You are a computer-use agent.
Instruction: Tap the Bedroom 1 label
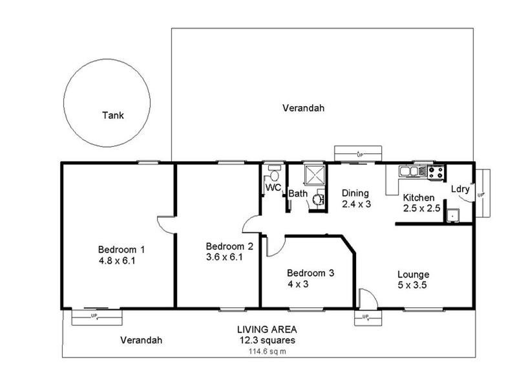coord(121,250)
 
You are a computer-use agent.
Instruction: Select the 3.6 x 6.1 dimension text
coord(224,257)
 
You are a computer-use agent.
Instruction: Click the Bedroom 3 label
coord(310,273)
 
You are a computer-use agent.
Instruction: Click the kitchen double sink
coord(410,172)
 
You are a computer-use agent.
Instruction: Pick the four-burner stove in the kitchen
coord(436,172)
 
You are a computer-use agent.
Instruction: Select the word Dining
coord(355,193)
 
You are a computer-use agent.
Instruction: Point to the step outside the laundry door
coord(485,193)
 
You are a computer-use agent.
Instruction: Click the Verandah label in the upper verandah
coord(303,108)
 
